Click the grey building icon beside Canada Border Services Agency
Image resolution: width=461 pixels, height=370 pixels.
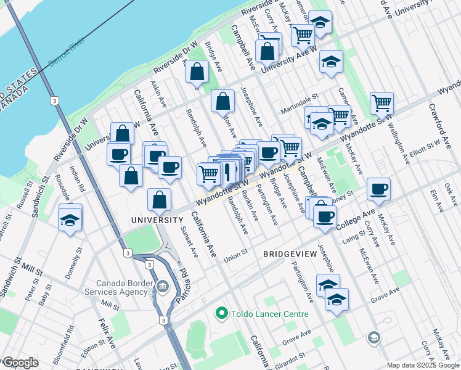point(163,286)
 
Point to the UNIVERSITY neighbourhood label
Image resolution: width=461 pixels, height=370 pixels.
point(157,220)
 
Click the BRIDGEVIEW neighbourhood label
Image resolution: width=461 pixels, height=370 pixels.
point(290,253)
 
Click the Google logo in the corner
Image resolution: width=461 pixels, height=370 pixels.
point(20,363)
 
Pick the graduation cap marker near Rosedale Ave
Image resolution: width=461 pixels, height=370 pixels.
point(70,219)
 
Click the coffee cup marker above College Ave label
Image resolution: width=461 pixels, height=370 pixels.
point(378,189)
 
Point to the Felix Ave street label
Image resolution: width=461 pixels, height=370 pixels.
point(103,333)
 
